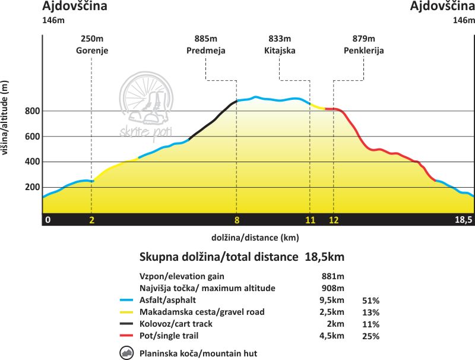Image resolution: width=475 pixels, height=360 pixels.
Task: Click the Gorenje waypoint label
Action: [x=91, y=50]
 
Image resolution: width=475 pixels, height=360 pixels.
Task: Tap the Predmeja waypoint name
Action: [x=205, y=50]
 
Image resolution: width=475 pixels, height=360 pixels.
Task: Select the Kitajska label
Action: [x=280, y=50]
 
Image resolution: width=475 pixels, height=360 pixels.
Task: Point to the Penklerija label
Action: [x=363, y=50]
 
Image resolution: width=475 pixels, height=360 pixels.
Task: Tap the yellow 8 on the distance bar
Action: [x=236, y=220]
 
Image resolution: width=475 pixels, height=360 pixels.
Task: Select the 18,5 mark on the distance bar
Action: [x=463, y=220]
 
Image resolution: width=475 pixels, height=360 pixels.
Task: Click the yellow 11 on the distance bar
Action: [x=310, y=220]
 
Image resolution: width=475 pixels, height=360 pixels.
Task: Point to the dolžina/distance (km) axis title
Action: [x=255, y=238]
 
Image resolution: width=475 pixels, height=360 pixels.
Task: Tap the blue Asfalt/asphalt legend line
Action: [x=126, y=300]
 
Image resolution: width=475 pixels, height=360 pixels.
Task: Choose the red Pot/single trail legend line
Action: [x=126, y=336]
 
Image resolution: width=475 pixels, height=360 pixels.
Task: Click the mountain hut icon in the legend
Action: [x=126, y=353]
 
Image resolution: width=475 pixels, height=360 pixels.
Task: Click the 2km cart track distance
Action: [x=330, y=324]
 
